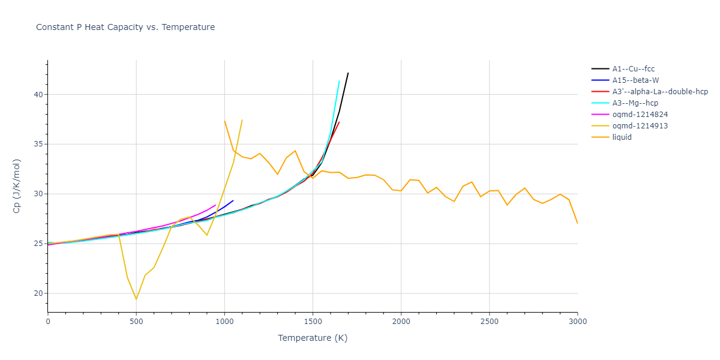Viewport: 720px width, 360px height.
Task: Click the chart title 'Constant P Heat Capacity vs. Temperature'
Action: click(x=125, y=27)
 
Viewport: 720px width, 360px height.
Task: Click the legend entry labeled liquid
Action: click(x=622, y=137)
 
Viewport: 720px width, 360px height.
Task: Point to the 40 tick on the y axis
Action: click(x=38, y=95)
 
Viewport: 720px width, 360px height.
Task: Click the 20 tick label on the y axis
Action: click(x=38, y=293)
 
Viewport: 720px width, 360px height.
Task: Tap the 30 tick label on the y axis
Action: click(x=38, y=194)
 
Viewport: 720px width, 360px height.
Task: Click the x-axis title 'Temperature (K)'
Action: click(x=313, y=338)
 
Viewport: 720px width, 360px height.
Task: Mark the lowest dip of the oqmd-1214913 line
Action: click(x=136, y=299)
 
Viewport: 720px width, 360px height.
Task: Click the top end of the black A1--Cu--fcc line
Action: click(x=348, y=73)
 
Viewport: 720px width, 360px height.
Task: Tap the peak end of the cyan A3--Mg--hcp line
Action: click(x=339, y=81)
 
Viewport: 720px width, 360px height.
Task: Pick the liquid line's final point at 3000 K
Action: click(x=577, y=223)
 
